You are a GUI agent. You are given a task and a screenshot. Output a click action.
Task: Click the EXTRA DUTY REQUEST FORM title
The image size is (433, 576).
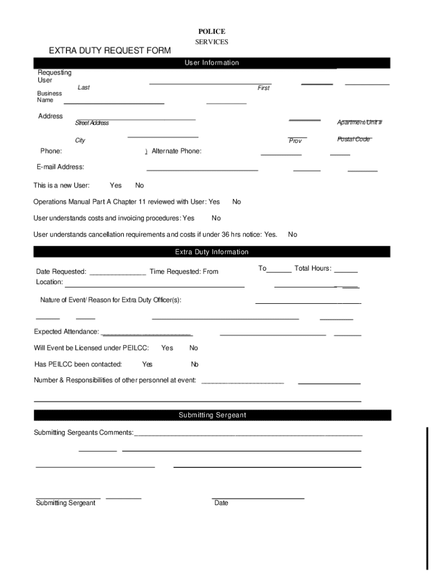(110, 51)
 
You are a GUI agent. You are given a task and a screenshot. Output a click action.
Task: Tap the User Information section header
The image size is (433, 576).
(212, 63)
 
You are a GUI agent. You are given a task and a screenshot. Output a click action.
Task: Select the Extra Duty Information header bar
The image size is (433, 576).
(212, 252)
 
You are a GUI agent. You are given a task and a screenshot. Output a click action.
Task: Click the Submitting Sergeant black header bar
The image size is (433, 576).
(212, 415)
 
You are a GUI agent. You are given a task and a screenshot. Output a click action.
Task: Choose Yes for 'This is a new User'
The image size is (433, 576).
(116, 185)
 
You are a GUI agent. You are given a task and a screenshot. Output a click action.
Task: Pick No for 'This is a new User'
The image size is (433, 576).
(139, 185)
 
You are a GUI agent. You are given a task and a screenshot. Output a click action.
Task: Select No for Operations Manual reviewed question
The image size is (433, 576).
(237, 201)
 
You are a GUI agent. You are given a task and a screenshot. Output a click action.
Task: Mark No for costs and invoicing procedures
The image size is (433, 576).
(216, 218)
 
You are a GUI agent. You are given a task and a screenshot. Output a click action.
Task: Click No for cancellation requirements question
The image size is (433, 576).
(292, 235)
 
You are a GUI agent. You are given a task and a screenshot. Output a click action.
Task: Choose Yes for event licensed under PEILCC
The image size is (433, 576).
(167, 348)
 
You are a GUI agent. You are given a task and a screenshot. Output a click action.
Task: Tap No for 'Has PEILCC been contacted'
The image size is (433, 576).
(195, 364)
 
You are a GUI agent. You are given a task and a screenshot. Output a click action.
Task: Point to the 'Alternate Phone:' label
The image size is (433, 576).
(177, 151)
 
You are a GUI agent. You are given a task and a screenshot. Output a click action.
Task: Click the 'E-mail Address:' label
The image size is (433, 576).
(60, 167)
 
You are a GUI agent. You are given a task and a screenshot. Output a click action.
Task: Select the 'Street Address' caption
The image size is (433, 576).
(92, 123)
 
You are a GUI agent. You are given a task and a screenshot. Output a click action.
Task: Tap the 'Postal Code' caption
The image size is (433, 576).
(354, 139)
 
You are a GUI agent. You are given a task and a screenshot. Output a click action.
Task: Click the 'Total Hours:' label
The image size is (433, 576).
(313, 268)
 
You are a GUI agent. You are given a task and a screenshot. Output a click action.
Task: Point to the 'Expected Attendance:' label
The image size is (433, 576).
(66, 331)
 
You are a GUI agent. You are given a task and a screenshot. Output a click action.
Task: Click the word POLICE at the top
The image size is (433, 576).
(211, 31)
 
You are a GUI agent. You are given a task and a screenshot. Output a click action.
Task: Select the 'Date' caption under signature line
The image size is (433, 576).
(221, 503)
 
